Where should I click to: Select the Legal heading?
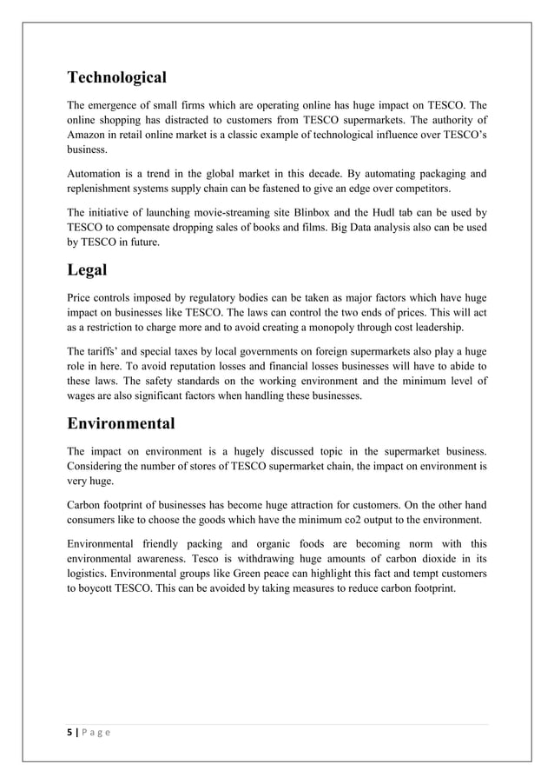pyautogui.click(x=87, y=270)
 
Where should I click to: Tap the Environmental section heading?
pyautogui.click(x=121, y=424)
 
